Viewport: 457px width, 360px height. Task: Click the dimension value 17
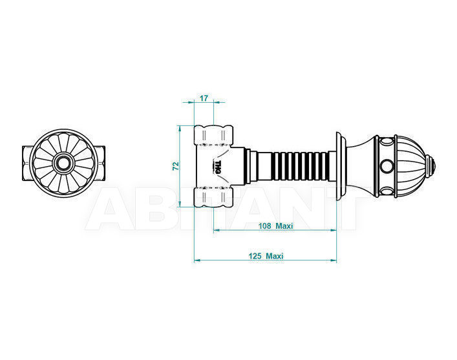point(204,98)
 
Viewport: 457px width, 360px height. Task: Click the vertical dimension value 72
point(176,165)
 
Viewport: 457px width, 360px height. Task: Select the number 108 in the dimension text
point(264,226)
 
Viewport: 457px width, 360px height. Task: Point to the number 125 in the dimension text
point(255,256)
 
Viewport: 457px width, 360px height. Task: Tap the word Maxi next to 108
point(284,226)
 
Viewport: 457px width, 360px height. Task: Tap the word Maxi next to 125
point(275,256)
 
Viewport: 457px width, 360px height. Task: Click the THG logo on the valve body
point(218,167)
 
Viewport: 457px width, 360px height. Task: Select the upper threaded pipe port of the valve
point(214,135)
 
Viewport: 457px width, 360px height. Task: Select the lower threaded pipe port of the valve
point(214,197)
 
